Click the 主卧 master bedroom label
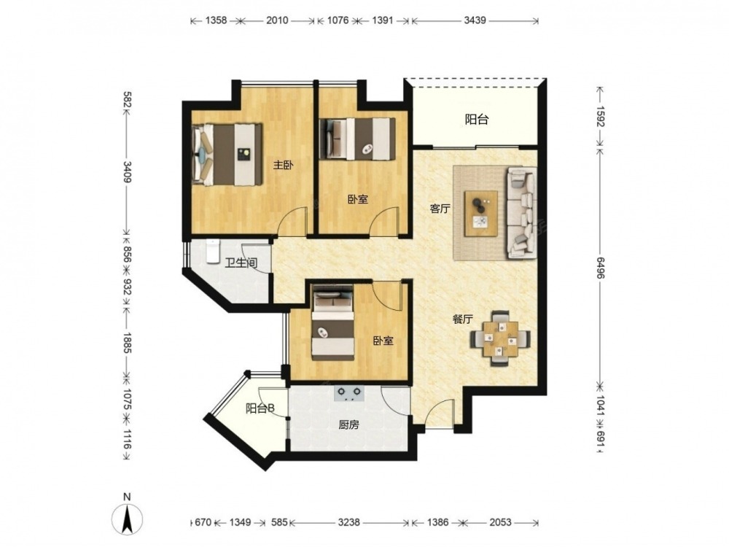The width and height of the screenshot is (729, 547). coord(283,165)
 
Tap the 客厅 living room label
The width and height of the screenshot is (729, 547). coord(440,209)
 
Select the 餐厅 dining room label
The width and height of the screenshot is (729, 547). coord(463,319)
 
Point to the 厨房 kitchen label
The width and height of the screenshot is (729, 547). coord(348,424)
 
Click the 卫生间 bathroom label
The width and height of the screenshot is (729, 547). coord(241,263)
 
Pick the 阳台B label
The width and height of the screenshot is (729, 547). coord(260,408)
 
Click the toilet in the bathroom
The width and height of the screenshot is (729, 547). coord(212,251)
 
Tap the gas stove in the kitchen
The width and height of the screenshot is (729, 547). coord(349,394)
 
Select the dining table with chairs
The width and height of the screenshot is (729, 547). coord(500,338)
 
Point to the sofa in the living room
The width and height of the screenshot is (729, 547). coord(522,212)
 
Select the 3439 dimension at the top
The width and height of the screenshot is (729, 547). coord(475,20)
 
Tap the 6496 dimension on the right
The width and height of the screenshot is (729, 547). coord(600,268)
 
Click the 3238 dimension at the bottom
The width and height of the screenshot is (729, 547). coord(348,522)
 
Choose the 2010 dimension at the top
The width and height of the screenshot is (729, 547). coord(277,20)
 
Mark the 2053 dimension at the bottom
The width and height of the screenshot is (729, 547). coord(500,522)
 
